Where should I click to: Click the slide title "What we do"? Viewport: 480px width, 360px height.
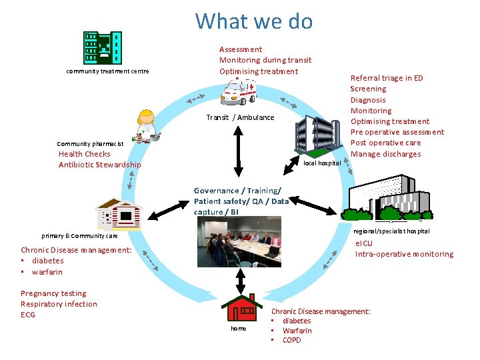[x=253, y=21]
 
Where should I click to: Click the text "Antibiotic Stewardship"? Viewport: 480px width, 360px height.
[x=99, y=165]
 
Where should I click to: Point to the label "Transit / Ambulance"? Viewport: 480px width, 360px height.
[x=240, y=117]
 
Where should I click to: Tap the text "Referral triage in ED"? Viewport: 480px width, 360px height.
[x=387, y=78]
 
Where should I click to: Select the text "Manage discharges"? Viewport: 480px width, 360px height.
[x=385, y=154]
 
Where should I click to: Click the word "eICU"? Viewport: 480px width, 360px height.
[x=365, y=243]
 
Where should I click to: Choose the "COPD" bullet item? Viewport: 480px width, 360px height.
[x=291, y=340]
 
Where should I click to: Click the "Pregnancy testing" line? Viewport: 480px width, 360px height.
[x=53, y=293]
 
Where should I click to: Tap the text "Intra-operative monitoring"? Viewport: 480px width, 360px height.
[x=404, y=254]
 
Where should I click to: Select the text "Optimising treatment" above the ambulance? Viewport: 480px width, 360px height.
[x=259, y=71]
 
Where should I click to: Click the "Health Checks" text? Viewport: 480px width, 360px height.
[x=84, y=154]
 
